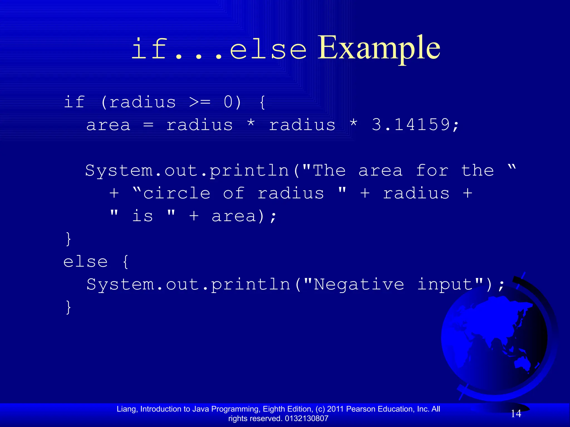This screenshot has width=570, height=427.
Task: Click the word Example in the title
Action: coord(379,49)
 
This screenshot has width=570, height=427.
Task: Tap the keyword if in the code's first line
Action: coord(74,102)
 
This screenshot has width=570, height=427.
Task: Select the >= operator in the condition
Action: coord(200,102)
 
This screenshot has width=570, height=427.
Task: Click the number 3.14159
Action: coord(411,125)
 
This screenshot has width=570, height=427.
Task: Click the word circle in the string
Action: coord(177,193)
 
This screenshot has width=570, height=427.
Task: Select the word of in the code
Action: coord(234,193)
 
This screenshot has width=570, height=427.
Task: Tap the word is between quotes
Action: coord(142,216)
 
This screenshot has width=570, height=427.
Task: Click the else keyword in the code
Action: coord(85,262)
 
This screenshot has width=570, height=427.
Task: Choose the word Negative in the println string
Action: coord(359,285)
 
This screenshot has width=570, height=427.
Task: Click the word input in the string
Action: coord(445,285)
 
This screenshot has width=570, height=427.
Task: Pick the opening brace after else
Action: coord(126,262)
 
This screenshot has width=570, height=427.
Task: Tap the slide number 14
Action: coord(516,414)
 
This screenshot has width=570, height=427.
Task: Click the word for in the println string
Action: coord(432,170)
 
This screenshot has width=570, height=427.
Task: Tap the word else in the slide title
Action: coord(268,50)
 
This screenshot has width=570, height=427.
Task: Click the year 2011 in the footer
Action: coord(335,409)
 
